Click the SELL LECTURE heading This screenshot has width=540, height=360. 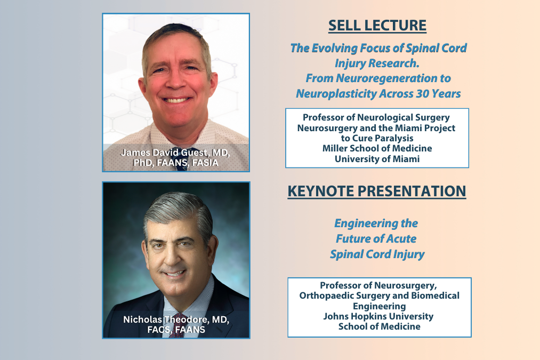(x=377, y=26)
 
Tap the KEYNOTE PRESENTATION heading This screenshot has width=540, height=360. (x=377, y=191)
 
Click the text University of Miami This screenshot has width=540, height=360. (x=377, y=159)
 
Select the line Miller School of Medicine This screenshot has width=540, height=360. (x=377, y=148)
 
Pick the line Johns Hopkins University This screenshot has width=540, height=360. (x=378, y=316)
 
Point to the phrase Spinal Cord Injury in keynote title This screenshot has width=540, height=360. (x=377, y=254)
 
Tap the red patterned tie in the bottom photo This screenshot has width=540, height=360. (x=176, y=325)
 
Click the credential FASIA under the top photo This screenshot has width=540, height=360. (x=205, y=163)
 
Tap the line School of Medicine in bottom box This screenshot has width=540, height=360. (x=379, y=326)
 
